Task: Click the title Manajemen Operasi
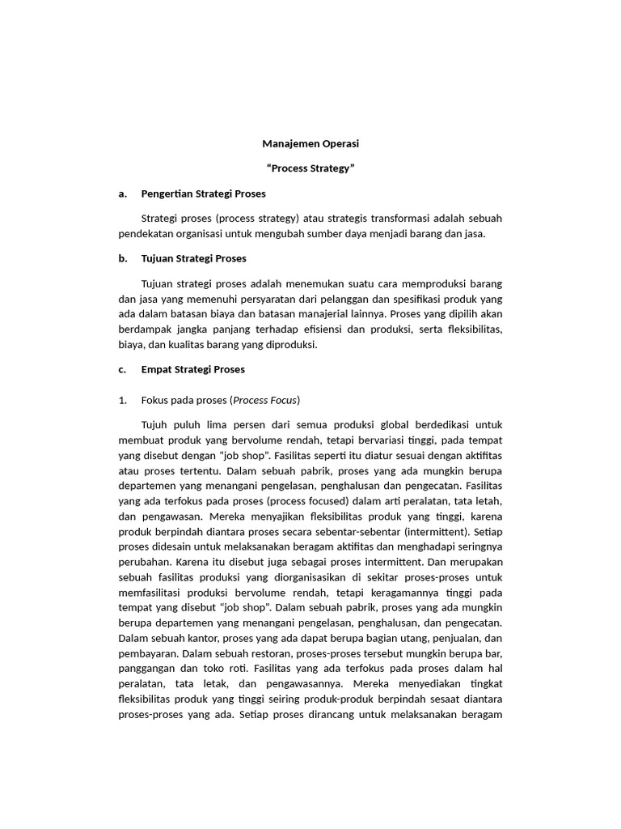[310, 143]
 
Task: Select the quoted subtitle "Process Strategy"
[310, 168]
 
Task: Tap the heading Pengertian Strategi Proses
[203, 193]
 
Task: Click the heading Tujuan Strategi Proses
[193, 258]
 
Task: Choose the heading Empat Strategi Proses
[192, 369]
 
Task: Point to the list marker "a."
[123, 193]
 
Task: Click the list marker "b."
[123, 258]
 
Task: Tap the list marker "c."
[123, 369]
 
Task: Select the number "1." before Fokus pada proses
[123, 400]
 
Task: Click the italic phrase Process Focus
[265, 400]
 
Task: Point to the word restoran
[268, 653]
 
